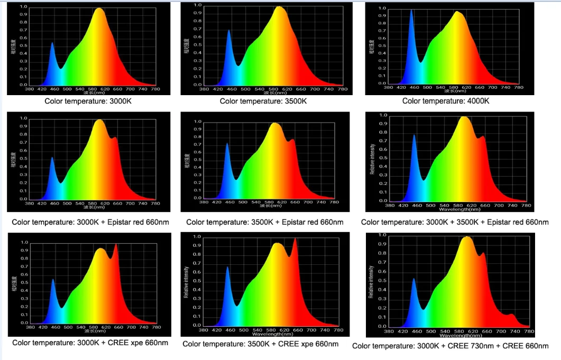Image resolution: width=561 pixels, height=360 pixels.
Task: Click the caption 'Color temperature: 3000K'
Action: (x=87, y=100)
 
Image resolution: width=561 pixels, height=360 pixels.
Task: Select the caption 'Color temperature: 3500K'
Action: (x=263, y=101)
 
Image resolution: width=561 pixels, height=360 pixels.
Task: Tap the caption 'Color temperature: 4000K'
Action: (x=446, y=101)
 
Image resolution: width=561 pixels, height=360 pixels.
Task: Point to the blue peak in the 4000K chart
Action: (x=411, y=11)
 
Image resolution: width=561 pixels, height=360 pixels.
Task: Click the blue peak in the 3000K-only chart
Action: (x=52, y=44)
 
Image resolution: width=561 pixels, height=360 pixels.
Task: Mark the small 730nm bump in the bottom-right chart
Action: (x=511, y=315)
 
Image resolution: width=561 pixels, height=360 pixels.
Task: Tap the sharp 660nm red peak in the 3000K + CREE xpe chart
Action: (x=116, y=245)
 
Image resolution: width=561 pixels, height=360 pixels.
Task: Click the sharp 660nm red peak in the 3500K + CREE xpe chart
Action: (x=295, y=239)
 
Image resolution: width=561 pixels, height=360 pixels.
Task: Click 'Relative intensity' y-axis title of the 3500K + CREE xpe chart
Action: (x=187, y=283)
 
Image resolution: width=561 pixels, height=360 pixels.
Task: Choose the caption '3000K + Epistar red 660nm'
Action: (x=90, y=222)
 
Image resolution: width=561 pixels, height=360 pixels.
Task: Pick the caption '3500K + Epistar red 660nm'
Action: (x=264, y=223)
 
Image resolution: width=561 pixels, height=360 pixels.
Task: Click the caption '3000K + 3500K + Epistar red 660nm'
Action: (x=455, y=222)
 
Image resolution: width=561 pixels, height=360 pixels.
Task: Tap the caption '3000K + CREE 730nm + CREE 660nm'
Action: (x=450, y=346)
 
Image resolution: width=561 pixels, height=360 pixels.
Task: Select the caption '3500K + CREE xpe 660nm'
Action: (x=260, y=344)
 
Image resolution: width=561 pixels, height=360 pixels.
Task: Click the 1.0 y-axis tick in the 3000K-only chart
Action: (x=24, y=7)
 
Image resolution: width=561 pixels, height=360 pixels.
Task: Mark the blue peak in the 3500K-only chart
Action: (x=228, y=31)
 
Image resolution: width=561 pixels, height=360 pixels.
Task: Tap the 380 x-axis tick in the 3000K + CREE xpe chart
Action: (x=31, y=327)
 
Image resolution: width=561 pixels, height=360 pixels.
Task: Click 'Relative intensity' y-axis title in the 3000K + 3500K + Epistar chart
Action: (x=372, y=159)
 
